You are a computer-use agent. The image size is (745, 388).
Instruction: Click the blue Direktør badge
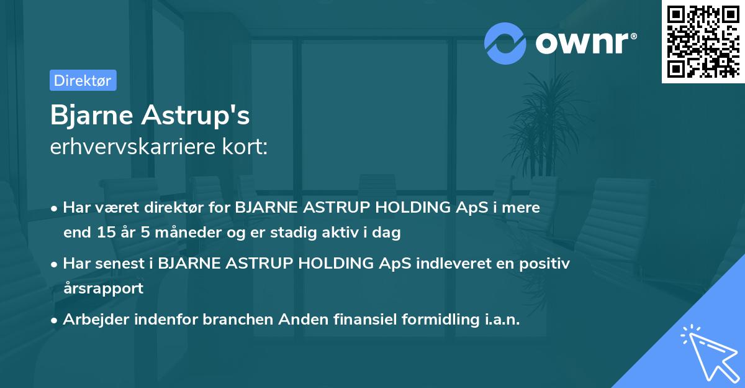point(83,81)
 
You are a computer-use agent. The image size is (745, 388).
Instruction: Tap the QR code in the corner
point(703,42)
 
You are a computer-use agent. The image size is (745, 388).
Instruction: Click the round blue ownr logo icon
point(505,43)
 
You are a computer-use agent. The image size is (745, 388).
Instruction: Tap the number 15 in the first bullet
point(103,233)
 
